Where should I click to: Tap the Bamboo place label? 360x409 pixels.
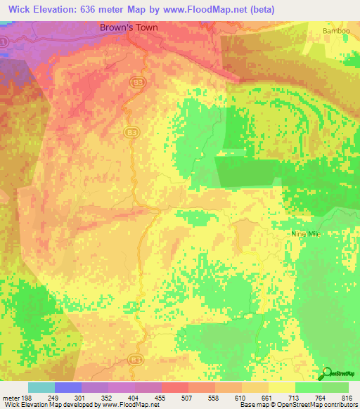coord(335,32)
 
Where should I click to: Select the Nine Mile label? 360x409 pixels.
coord(305,233)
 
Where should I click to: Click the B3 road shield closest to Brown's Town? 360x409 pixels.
coord(137,82)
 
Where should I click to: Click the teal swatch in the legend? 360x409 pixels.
coord(41,387)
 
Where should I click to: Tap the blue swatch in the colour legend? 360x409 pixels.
coord(68,387)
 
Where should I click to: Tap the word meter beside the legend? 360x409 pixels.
coord(11,398)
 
